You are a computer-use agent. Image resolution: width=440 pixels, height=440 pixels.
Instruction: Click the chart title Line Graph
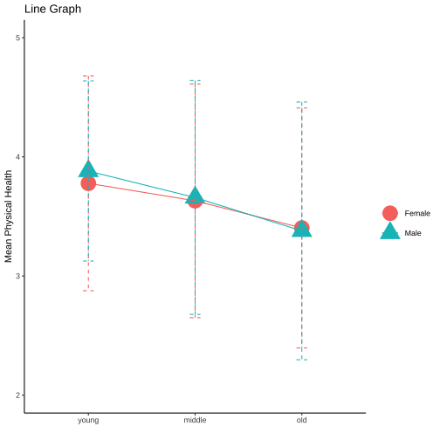tap(52, 9)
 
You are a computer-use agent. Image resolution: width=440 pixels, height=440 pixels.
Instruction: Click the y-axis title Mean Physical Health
tap(9, 217)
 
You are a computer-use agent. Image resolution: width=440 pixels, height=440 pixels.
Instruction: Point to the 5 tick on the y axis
tap(18, 38)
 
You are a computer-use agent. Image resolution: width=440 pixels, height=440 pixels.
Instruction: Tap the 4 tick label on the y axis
tap(18, 157)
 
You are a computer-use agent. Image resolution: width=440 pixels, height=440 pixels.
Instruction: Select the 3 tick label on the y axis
tap(18, 276)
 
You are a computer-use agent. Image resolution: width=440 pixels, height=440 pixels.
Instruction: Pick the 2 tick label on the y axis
tap(18, 395)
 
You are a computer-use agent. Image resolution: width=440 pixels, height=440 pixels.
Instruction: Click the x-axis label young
tap(88, 421)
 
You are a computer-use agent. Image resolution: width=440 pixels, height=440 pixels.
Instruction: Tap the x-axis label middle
tap(195, 420)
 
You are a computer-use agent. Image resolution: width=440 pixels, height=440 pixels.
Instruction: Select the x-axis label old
tap(302, 420)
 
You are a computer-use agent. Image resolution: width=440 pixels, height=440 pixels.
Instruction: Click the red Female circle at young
tap(88, 183)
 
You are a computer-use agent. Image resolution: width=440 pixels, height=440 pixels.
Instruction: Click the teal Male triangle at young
tap(88, 169)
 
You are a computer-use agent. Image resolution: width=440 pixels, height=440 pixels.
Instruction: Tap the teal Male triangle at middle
tap(195, 196)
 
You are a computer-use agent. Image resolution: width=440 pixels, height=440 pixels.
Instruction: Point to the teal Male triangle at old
tap(302, 230)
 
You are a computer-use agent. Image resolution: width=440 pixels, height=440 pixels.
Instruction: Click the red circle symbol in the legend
tap(390, 213)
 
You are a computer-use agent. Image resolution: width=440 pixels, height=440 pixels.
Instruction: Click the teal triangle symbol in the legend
tap(390, 231)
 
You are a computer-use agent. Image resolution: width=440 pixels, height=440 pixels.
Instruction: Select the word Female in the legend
tap(417, 213)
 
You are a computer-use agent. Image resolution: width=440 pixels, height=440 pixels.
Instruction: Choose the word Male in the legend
tap(413, 233)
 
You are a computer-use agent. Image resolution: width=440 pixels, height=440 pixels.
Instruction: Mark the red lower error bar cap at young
tap(88, 291)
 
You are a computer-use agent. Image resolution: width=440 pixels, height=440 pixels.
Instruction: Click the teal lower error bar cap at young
tap(88, 261)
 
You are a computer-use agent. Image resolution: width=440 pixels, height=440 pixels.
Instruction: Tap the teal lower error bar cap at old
tap(302, 360)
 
